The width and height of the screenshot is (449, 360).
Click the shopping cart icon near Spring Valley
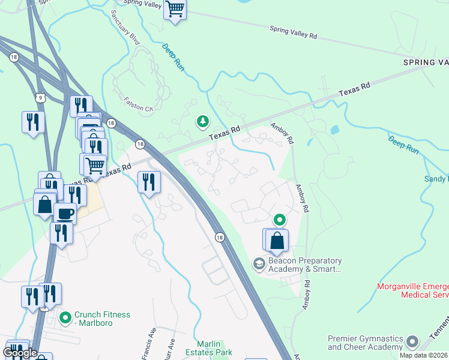coord(175,10)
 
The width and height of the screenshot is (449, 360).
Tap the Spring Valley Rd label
coord(293,32)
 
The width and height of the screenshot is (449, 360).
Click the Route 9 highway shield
coord(40,97)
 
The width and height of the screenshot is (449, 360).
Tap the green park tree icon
coord(203,122)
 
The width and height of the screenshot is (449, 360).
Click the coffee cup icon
coord(65,213)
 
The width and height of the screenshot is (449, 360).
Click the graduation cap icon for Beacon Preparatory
coord(259,264)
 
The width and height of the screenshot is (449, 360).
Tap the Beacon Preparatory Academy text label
coord(306,265)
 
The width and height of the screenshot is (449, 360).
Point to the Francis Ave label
coord(147,343)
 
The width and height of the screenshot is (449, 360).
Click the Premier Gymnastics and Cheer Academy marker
coord(412,342)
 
